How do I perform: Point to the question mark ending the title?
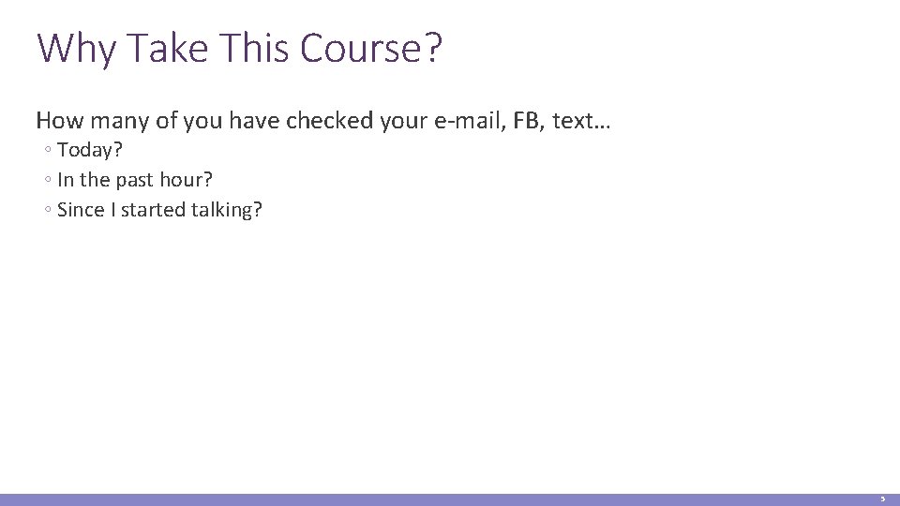click(x=431, y=48)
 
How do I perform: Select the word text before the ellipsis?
click(x=572, y=121)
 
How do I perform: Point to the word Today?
click(x=90, y=151)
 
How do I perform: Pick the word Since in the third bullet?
click(x=81, y=210)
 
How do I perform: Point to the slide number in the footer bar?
click(x=881, y=500)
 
